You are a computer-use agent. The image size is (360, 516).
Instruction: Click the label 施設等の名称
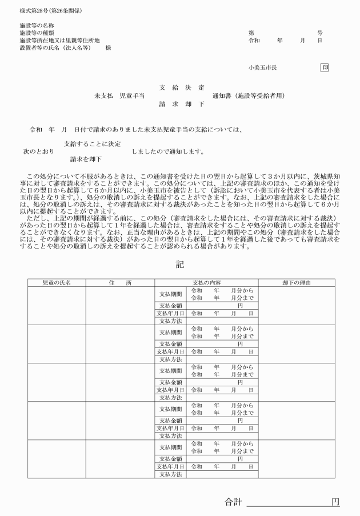37,26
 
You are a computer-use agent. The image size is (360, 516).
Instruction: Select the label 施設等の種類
37,33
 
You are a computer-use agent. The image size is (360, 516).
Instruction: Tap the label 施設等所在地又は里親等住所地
59,41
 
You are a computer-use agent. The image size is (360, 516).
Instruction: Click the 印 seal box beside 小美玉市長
325,67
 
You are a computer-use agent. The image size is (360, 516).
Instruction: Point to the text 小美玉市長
262,67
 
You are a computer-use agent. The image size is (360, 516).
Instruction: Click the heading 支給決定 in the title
181,87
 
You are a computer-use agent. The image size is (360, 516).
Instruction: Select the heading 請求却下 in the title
181,105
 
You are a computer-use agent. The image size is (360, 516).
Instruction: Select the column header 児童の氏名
57,283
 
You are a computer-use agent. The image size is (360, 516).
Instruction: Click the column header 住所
121,283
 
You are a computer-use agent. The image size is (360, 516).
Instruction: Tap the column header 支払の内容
206,283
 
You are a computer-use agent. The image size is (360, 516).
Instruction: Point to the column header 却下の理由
296,283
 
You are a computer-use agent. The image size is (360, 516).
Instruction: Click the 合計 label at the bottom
233,502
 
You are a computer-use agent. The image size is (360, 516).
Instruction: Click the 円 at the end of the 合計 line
335,502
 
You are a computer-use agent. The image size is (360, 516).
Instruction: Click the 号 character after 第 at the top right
320,33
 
